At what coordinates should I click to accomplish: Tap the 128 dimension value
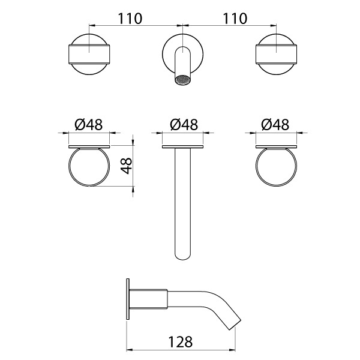click(x=180, y=341)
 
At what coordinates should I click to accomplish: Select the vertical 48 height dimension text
click(x=125, y=166)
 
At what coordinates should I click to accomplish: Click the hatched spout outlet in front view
click(x=182, y=80)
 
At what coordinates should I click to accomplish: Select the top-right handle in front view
click(x=275, y=53)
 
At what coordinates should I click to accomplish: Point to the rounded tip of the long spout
click(x=183, y=255)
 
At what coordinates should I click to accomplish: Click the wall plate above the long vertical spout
click(x=183, y=146)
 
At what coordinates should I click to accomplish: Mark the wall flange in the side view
click(x=127, y=299)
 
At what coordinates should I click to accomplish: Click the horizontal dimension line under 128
click(x=180, y=350)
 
